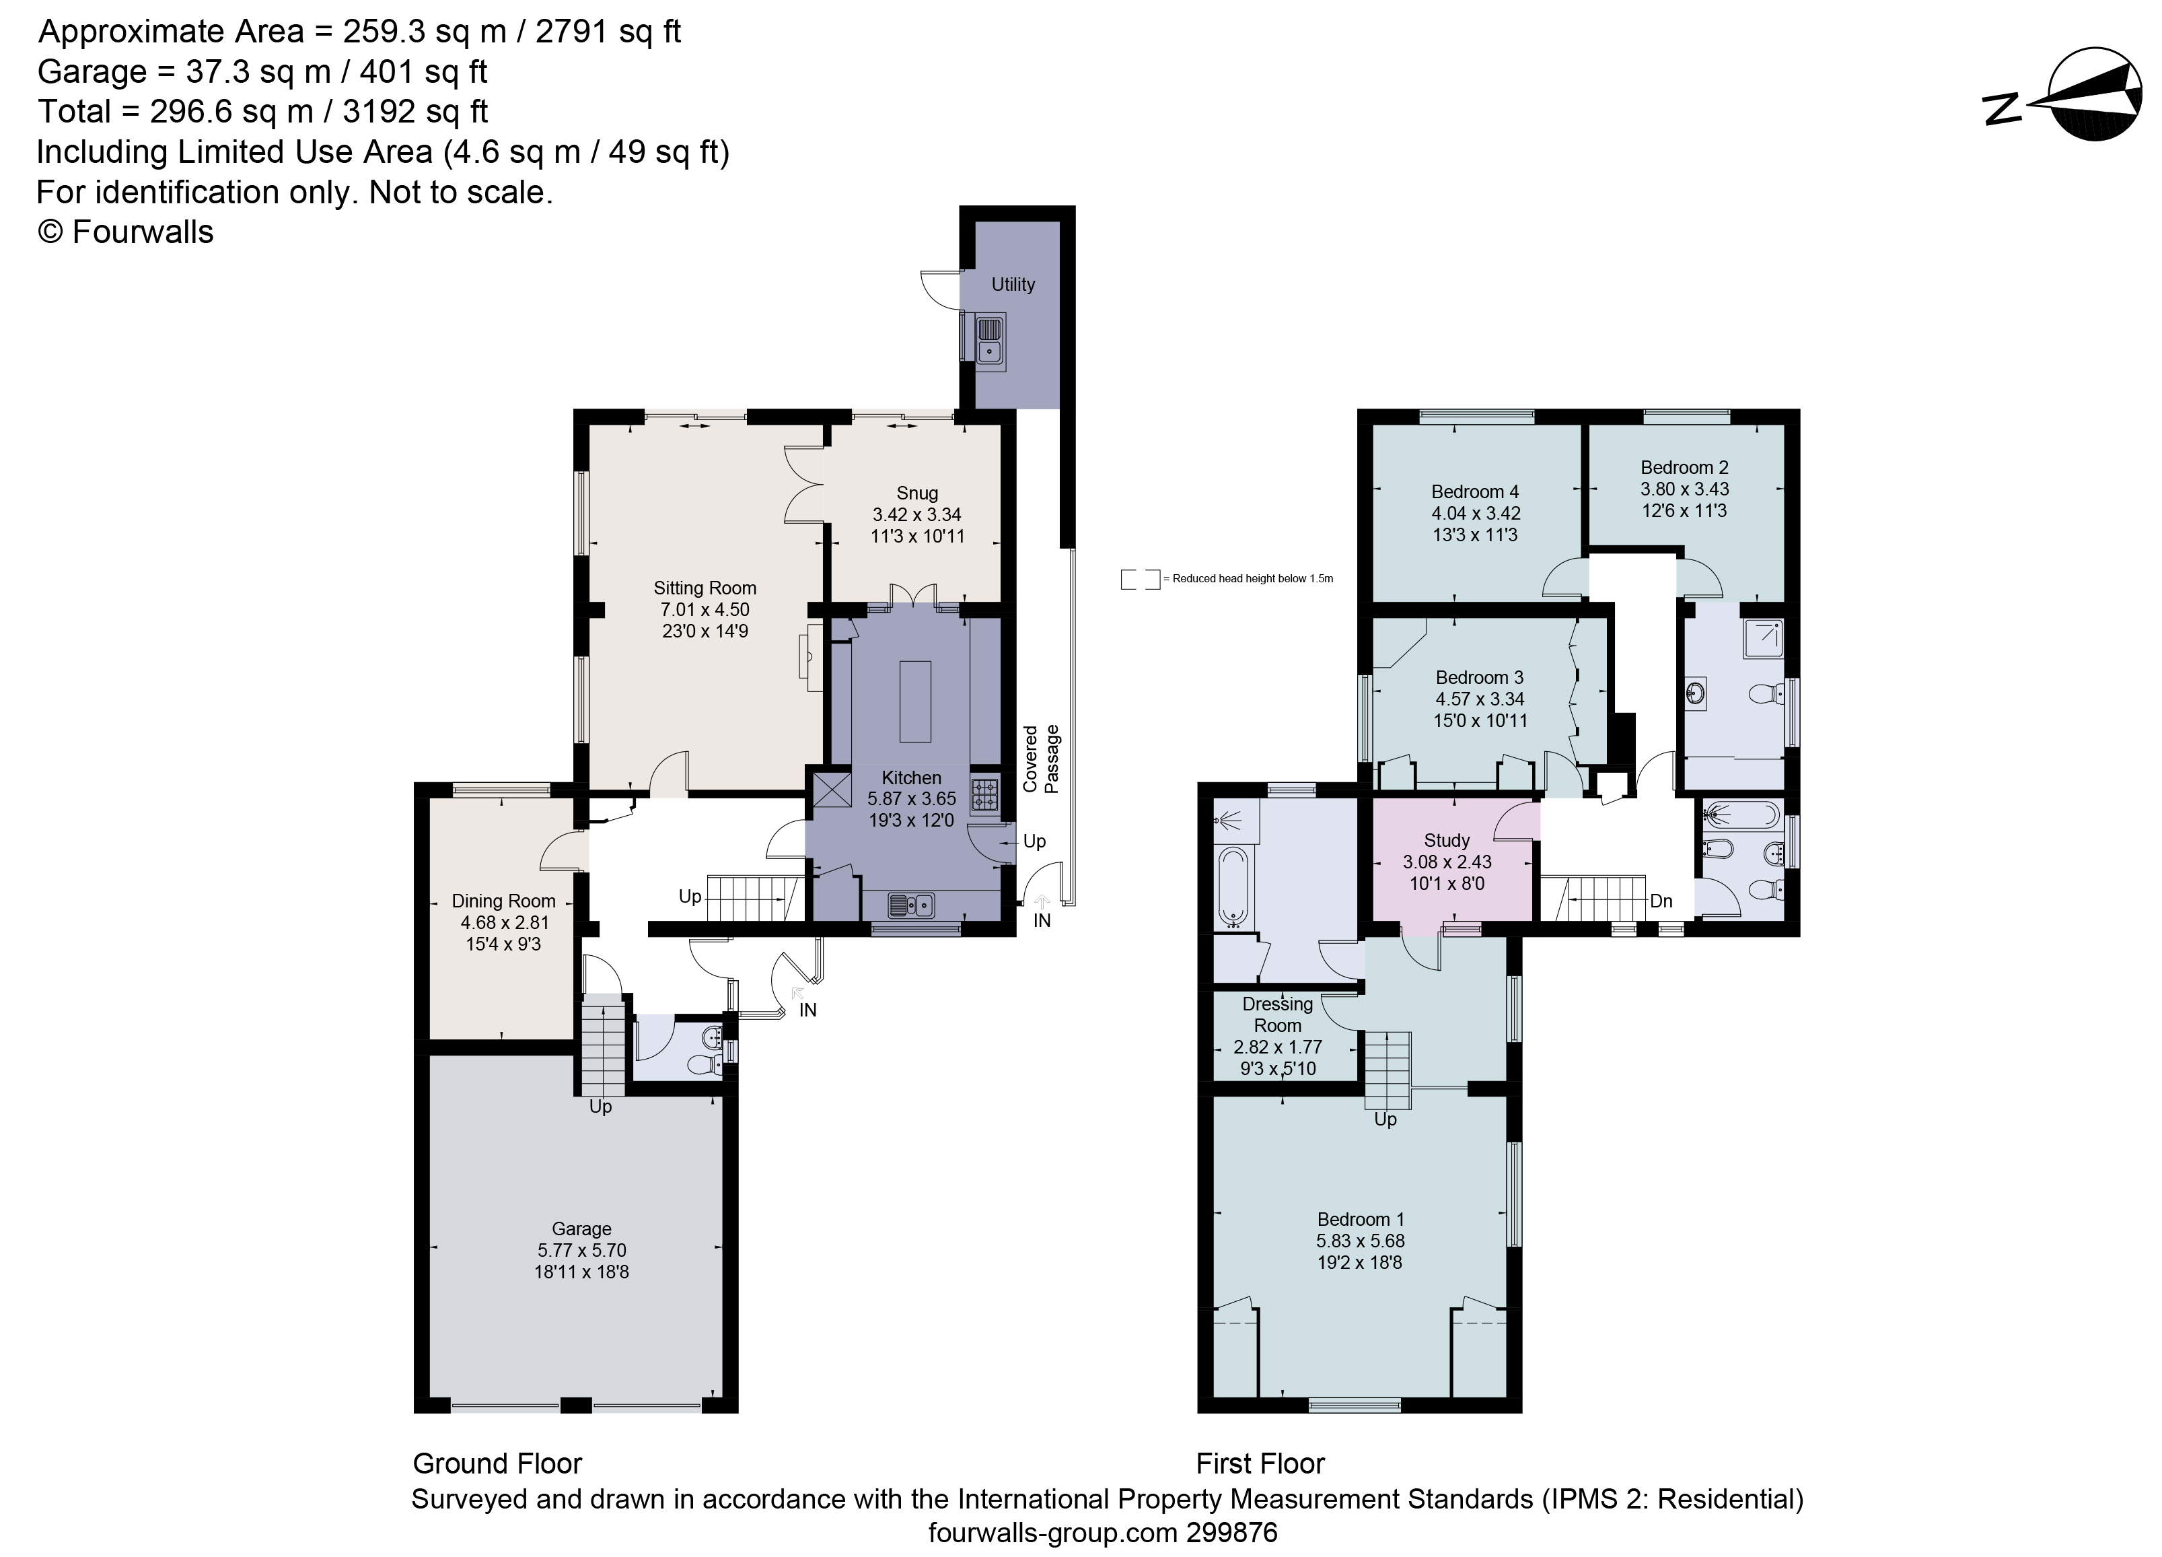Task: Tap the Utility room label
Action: (1012, 284)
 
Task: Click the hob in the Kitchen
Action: (984, 793)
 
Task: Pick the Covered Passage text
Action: (1041, 759)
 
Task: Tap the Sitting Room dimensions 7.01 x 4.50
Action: (705, 609)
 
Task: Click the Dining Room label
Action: (503, 901)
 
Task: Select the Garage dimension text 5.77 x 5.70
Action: (581, 1250)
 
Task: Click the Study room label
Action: (1446, 840)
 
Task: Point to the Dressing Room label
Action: (1277, 1014)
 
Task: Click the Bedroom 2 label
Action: (1684, 467)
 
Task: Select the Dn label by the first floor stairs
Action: (1661, 901)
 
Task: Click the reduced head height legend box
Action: (1139, 579)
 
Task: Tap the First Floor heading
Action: (1260, 1463)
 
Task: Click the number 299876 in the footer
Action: (1231, 1533)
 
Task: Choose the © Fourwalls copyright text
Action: (125, 232)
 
